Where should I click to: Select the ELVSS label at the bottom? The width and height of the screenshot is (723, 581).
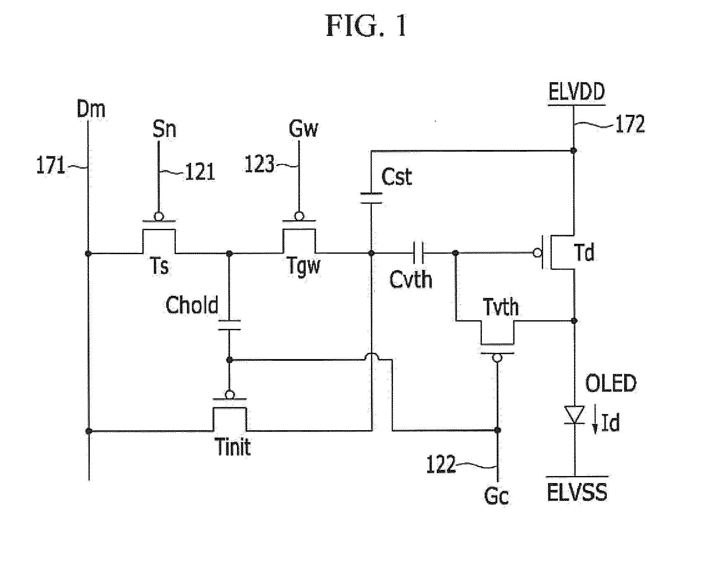(577, 493)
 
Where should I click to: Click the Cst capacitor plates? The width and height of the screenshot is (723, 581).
(371, 198)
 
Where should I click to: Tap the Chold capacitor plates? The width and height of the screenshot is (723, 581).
(230, 325)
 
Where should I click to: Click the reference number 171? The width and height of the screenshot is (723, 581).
(51, 166)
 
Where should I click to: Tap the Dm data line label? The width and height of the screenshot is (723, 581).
(91, 110)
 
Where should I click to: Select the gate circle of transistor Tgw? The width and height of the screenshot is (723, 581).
(298, 216)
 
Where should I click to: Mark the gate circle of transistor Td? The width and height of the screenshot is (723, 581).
(538, 253)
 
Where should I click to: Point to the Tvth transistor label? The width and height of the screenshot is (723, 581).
(501, 307)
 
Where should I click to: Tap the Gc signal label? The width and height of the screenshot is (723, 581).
(497, 496)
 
